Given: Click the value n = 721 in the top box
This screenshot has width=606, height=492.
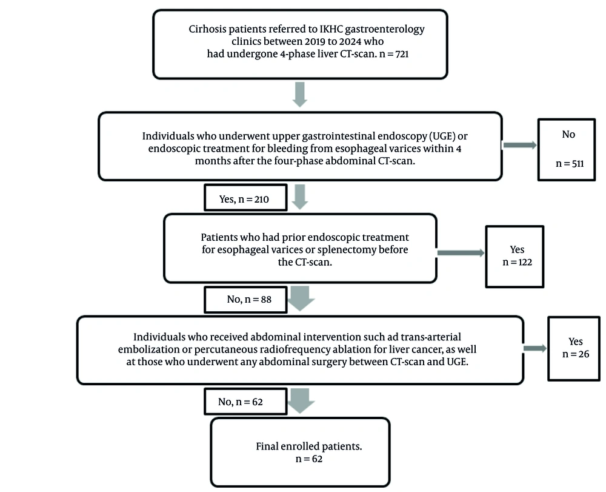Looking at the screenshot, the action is point(394,54).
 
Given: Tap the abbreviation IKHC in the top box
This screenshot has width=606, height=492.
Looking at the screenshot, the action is point(331,29).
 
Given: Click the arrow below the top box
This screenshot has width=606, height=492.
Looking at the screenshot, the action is point(300,95).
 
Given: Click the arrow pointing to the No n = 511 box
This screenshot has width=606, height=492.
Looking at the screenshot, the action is point(519,145).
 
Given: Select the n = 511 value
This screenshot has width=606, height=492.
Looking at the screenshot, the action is point(570,164).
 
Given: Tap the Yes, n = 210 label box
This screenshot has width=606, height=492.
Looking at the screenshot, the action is point(246,198).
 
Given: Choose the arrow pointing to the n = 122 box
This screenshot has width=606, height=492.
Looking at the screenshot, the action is point(461,253).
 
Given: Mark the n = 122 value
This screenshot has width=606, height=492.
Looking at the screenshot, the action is point(517,262).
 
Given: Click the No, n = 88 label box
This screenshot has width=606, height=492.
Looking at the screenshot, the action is point(246,299).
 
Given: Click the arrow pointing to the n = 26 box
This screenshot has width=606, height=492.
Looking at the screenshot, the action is point(535,348).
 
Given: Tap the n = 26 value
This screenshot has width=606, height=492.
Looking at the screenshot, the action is point(576,354).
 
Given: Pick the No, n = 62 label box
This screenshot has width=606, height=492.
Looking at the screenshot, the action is point(246,402).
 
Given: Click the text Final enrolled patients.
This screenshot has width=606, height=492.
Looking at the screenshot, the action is point(309,447).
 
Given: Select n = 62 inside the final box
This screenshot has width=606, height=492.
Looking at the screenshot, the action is point(309,459).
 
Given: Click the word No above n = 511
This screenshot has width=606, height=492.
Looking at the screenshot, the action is point(568,134).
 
